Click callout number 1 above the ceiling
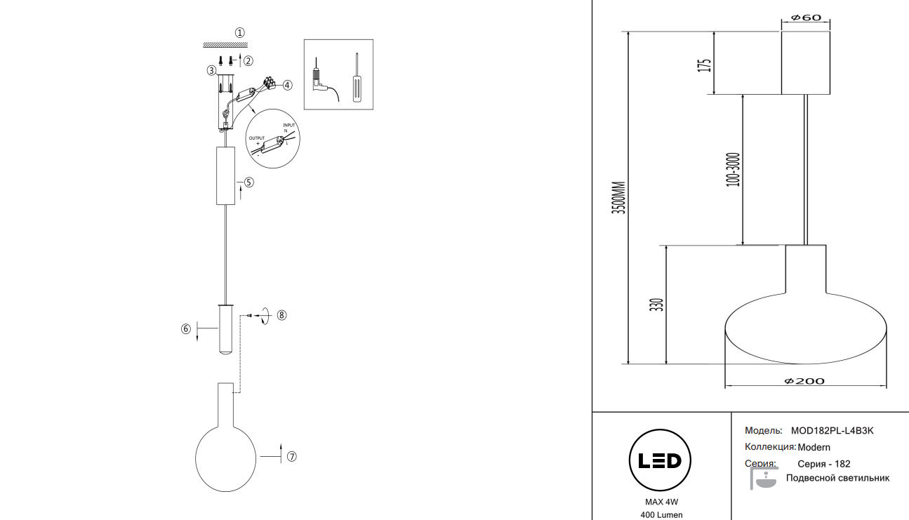(240, 32)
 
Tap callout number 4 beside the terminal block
(287, 85)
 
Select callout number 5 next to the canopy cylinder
(248, 182)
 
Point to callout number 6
(186, 328)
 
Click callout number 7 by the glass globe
(292, 456)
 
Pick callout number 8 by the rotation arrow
(281, 315)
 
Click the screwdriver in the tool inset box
(356, 78)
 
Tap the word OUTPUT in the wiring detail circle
(257, 138)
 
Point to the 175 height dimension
(705, 64)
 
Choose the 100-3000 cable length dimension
(734, 169)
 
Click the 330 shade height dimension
(656, 305)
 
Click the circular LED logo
(659, 460)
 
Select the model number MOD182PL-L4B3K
(832, 431)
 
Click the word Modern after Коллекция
(814, 447)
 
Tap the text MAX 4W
(661, 502)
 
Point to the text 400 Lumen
(661, 515)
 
